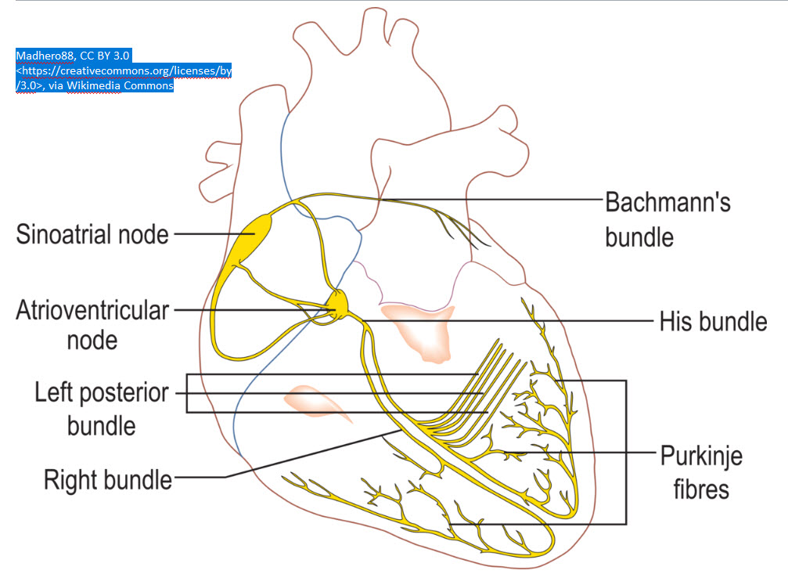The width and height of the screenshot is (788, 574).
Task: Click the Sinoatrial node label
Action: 92,233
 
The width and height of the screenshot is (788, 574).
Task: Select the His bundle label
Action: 713,321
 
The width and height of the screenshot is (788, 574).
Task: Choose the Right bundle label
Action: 107,478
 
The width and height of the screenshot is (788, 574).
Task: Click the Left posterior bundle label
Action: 101,408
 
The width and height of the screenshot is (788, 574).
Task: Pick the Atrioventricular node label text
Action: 92,324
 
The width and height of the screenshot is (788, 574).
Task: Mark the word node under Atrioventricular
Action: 92,340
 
